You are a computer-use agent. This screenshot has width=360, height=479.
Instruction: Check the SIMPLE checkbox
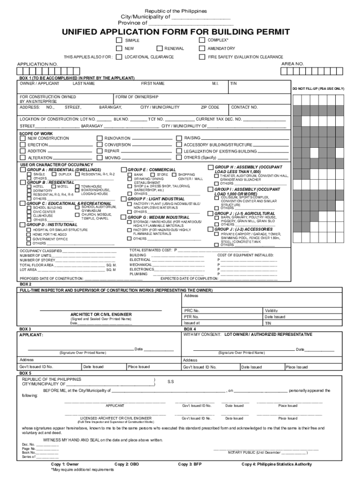pos(119,41)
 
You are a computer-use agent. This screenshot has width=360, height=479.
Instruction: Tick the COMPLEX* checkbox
pos(202,40)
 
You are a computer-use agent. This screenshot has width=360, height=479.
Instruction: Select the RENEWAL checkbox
pos(160,49)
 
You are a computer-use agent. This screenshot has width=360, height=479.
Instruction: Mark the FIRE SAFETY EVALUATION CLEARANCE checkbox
pos(202,57)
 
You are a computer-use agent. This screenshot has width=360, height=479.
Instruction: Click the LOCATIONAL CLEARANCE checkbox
pos(119,57)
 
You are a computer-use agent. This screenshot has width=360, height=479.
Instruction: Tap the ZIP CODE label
pos(210,107)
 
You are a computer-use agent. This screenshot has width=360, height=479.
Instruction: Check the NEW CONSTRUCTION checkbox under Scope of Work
pos(23,138)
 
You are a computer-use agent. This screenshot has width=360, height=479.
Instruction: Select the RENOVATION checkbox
pos(99,138)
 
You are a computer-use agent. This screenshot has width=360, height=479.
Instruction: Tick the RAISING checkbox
pos(179,138)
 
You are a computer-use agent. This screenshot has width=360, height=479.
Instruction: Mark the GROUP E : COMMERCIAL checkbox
pos(124,169)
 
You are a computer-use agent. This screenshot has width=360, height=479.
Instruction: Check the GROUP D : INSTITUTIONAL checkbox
pos(22,225)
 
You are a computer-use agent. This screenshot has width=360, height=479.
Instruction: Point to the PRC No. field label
pos(192,311)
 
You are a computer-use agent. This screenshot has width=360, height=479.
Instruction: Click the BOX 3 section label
pos(25,329)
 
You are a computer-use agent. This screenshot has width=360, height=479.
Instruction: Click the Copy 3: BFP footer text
pos(190,464)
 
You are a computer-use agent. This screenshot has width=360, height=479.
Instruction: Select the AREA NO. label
pos(292,64)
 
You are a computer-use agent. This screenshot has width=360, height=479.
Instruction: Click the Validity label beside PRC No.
pos(271,311)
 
